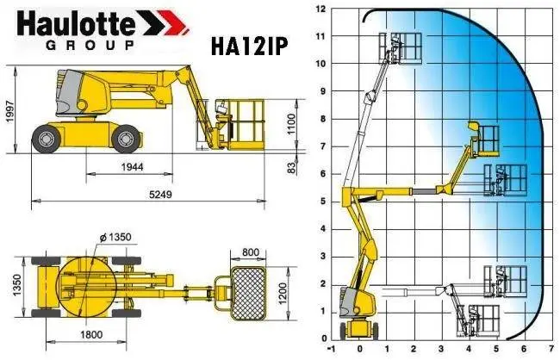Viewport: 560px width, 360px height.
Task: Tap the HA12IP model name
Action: pyautogui.click(x=249, y=46)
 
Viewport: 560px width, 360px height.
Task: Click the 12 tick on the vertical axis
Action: pyautogui.click(x=320, y=9)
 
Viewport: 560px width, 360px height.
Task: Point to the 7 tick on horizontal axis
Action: pyautogui.click(x=550, y=351)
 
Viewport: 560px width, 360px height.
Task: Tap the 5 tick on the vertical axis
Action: pyautogui.click(x=322, y=202)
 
